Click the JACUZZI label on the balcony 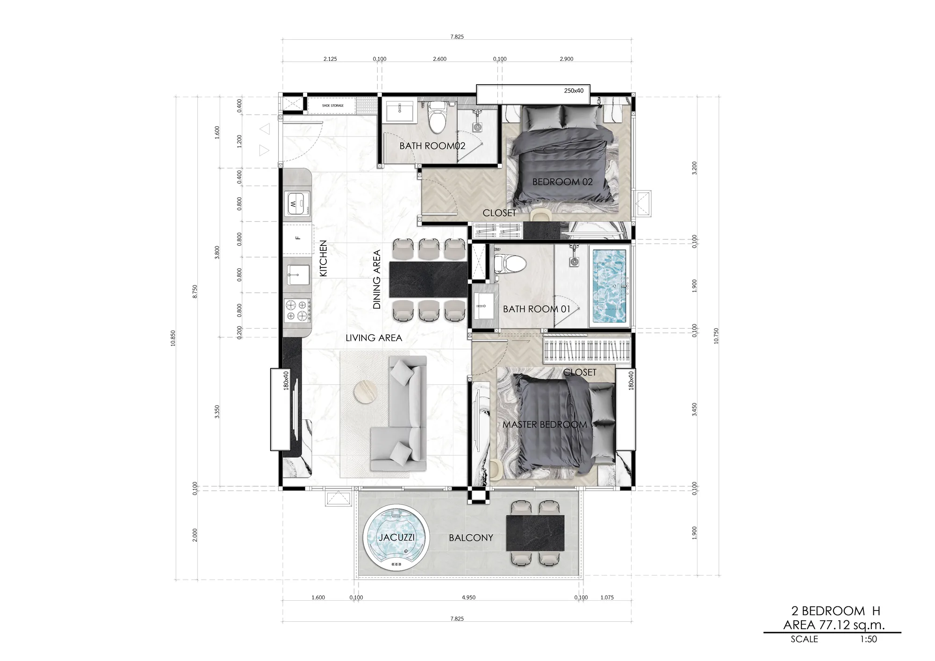tap(396, 538)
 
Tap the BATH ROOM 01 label tap(537, 309)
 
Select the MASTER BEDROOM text tap(545, 425)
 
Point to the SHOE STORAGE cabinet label tap(333, 106)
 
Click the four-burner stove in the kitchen tap(298, 310)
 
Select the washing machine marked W tap(298, 204)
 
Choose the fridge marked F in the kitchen tap(298, 238)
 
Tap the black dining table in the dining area tap(428, 280)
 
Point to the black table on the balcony tap(535, 533)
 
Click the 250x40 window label tap(574, 91)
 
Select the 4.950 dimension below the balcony tap(468, 597)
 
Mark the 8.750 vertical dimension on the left tap(195, 291)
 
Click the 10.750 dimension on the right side tap(716, 336)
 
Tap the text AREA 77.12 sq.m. tap(834, 625)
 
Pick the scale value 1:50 tap(869, 639)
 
